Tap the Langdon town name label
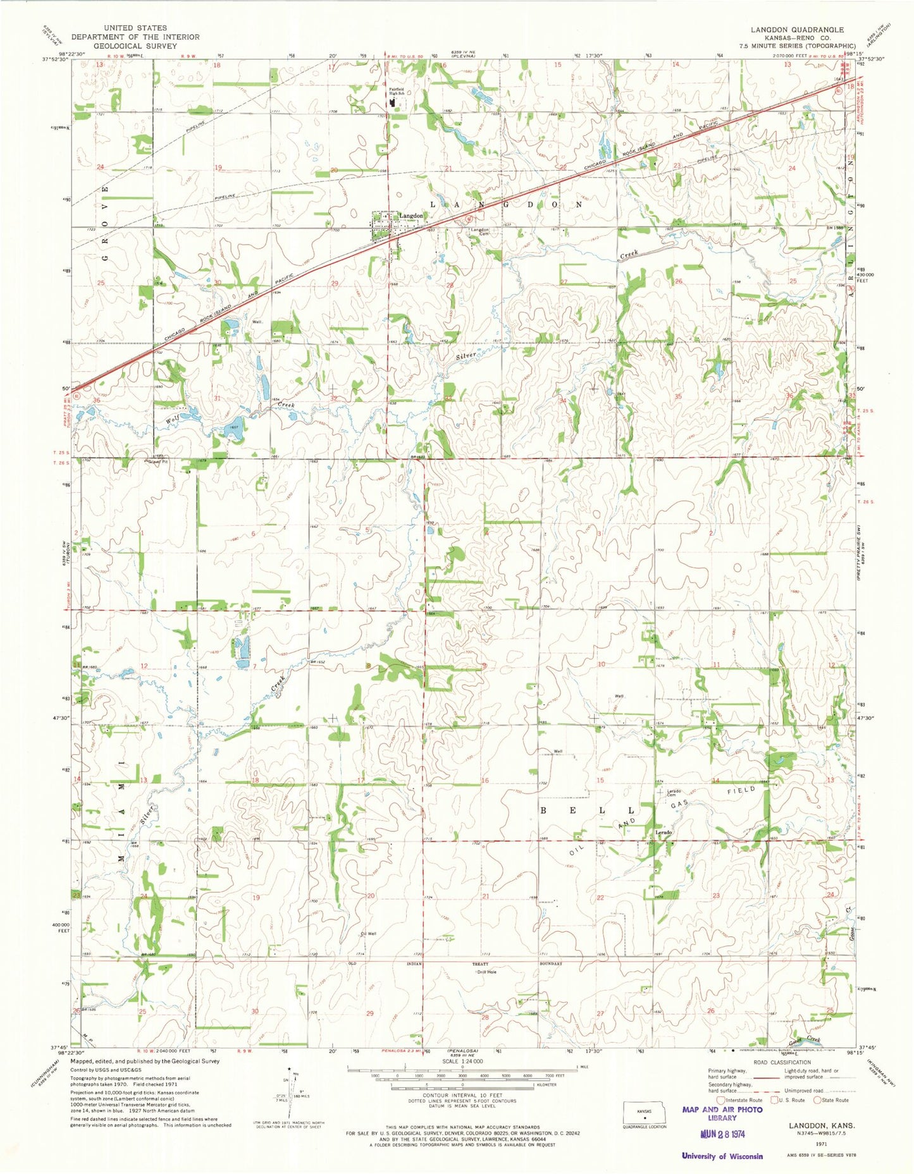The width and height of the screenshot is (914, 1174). coord(411,216)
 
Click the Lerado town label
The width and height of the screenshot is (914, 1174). coord(663,833)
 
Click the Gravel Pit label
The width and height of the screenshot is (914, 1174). coord(157,462)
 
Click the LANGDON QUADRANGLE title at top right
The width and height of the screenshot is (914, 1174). coord(797,30)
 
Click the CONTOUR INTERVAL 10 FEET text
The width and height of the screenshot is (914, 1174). coord(462,1095)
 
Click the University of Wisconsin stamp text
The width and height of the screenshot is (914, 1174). coord(722,1156)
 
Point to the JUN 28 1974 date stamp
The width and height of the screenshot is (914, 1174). coord(722,1134)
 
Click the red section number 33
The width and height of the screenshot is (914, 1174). coord(448,398)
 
